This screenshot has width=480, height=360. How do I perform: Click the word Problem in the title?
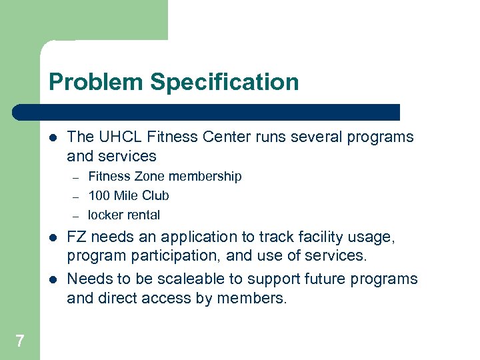(96, 83)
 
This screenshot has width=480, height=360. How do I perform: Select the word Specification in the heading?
(224, 83)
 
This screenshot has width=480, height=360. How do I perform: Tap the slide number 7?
(19, 342)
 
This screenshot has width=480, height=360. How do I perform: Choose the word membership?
(205, 177)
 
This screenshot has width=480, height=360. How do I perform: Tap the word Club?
(155, 196)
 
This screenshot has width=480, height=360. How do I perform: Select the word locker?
(105, 215)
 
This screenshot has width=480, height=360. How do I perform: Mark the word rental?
(143, 215)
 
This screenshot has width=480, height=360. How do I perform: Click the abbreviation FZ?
(77, 237)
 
